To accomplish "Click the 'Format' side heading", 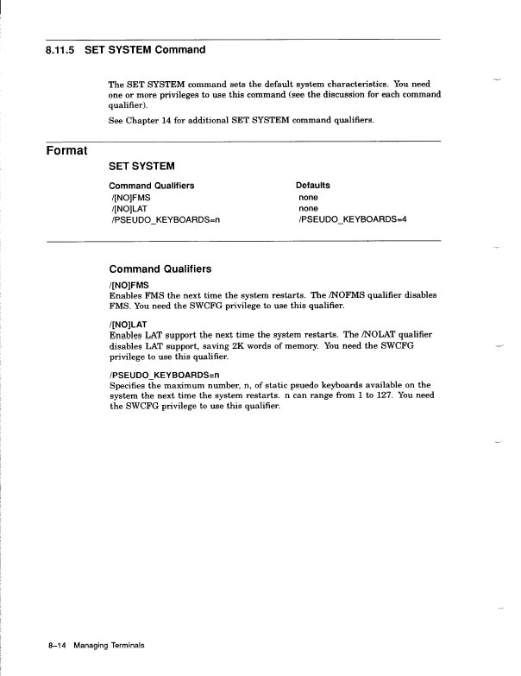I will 66,152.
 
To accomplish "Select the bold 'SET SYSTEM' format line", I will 141,166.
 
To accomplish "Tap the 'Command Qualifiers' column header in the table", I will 151,186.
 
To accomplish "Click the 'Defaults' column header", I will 312,186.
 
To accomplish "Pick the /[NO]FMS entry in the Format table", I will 130,197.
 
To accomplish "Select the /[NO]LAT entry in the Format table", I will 129,208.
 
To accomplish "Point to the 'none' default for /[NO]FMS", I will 308,197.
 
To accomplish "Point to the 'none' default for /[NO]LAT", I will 308,208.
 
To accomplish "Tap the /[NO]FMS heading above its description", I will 129,284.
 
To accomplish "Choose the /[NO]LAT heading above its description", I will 129,323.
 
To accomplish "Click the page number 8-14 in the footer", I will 57,645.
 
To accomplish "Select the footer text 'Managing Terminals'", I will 109,645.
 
